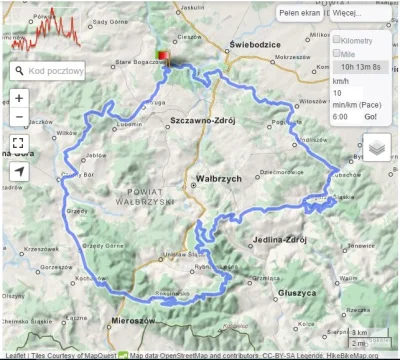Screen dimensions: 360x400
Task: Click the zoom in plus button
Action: tap(19, 98)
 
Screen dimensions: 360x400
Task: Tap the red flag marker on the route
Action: tap(163, 58)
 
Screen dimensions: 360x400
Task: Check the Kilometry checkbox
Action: tap(337, 39)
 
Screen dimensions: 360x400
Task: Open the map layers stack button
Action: tap(377, 148)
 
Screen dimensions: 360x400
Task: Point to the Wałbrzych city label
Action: tap(216, 178)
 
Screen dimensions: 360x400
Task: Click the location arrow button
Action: tap(19, 172)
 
